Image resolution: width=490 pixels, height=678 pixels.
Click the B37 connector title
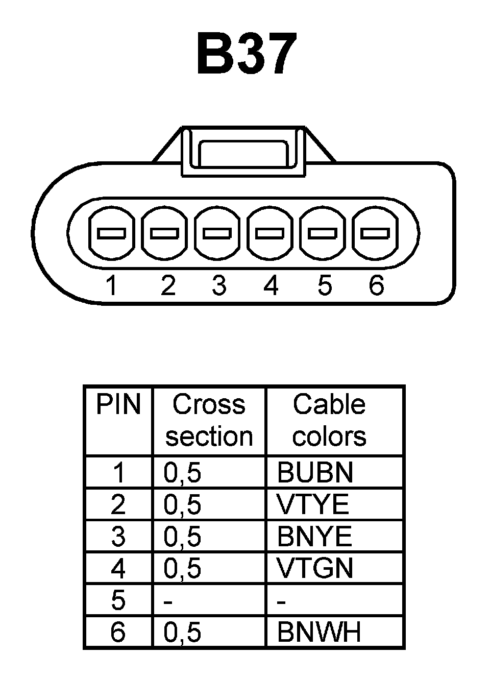tap(247, 54)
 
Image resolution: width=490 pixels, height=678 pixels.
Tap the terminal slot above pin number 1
tap(112, 233)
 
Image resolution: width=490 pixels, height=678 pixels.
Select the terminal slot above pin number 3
tap(217, 233)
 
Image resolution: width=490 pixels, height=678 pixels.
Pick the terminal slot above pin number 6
tap(376, 233)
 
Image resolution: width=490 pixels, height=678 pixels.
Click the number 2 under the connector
tap(168, 285)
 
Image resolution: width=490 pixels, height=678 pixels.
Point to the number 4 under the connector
tap(271, 285)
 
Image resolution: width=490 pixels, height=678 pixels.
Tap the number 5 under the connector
tap(324, 285)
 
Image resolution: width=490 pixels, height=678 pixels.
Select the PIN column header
tap(118, 404)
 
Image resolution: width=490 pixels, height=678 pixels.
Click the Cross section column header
tap(209, 420)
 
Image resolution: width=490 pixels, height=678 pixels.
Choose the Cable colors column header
tap(329, 420)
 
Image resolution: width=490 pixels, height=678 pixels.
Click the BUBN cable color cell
tap(315, 473)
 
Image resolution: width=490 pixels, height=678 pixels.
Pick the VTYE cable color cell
tap(313, 505)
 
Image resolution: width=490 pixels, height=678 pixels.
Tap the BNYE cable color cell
tap(314, 537)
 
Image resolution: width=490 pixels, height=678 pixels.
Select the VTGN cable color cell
tap(315, 568)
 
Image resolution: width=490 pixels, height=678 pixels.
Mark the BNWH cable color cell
tap(319, 632)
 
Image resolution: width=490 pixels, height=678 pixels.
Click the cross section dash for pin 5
tap(168, 601)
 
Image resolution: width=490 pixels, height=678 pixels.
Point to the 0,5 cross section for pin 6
tap(182, 632)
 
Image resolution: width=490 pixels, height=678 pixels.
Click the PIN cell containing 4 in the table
tap(118, 568)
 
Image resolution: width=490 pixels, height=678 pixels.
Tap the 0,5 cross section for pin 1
tap(182, 473)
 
